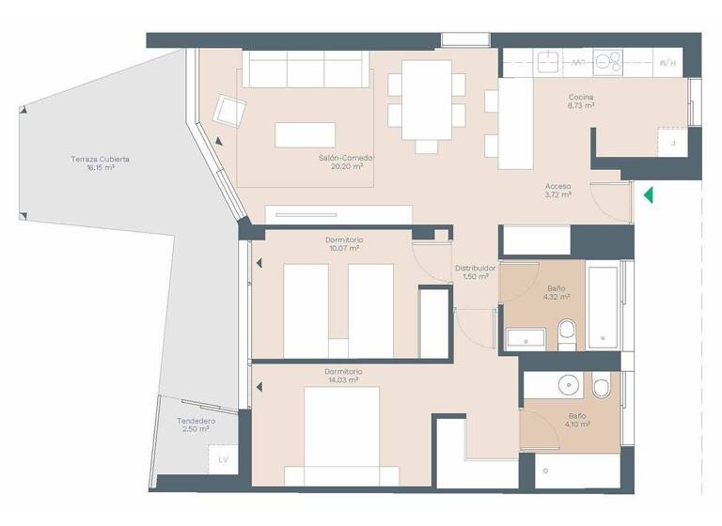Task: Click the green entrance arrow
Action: tap(648, 195)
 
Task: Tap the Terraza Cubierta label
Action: tap(100, 159)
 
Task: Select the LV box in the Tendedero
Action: tap(223, 459)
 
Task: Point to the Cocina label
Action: tap(580, 97)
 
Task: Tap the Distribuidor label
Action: tap(475, 268)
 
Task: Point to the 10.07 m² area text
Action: tap(344, 249)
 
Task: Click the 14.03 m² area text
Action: tap(344, 381)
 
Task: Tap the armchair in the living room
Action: tap(228, 112)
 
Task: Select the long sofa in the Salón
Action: tap(306, 70)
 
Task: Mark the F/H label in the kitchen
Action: tap(667, 63)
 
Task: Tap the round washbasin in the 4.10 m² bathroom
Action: tap(567, 385)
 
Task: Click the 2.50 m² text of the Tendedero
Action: tap(196, 429)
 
